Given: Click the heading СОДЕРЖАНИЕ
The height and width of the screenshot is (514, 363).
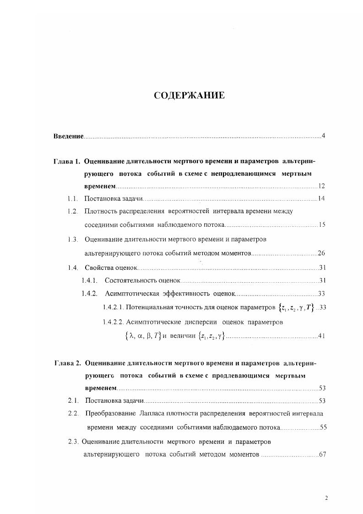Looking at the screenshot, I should pyautogui.click(x=189, y=96).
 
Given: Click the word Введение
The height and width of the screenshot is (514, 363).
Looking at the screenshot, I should pyautogui.click(x=68, y=136).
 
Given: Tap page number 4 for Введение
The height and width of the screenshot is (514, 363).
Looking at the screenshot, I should pyautogui.click(x=323, y=136).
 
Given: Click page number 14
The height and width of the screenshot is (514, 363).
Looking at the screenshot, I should pyautogui.click(x=321, y=199).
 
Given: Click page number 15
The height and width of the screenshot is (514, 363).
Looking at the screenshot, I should pyautogui.click(x=321, y=225).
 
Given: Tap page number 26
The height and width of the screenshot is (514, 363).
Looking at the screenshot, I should pyautogui.click(x=321, y=253).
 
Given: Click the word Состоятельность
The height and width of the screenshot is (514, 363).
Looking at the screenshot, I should pyautogui.click(x=131, y=280).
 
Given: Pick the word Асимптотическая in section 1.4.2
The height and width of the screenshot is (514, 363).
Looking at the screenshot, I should pyautogui.click(x=132, y=294).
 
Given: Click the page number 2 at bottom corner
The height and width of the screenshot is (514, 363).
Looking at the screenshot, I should pyautogui.click(x=326, y=498).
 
